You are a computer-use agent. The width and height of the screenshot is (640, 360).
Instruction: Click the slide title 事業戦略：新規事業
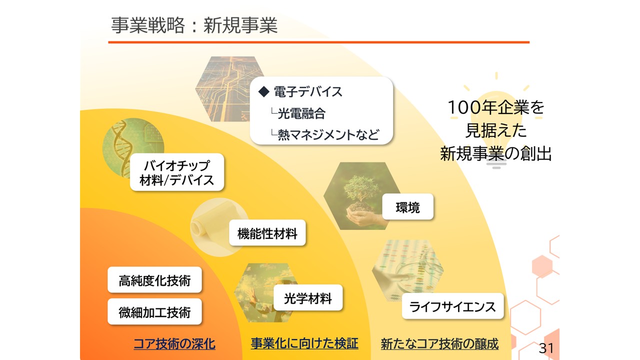coord(194,25)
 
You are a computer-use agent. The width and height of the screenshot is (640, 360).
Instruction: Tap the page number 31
coord(546,348)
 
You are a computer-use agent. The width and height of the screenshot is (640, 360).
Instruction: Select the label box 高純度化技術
coord(154,279)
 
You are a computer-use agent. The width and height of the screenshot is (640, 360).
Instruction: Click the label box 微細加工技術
coord(154,311)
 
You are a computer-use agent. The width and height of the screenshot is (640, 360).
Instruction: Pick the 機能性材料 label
coord(267,232)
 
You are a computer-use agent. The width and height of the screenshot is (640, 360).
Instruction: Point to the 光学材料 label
coord(308,297)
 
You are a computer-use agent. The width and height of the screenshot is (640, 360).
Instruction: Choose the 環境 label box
coord(407,206)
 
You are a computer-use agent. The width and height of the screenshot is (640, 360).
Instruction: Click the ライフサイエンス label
coord(452,306)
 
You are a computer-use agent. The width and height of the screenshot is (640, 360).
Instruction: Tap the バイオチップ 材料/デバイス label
coord(177,172)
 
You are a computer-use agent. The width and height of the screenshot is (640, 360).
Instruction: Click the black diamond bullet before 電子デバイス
coord(263,91)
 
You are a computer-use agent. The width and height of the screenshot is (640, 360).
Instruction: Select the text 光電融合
coord(301,113)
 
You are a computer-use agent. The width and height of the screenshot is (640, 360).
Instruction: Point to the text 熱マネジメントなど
coord(328,134)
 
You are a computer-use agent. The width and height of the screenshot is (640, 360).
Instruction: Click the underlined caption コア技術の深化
coord(174,343)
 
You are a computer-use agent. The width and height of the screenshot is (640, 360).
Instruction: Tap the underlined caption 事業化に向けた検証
coord(304,343)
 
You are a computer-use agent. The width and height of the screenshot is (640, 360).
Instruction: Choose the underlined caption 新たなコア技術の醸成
coord(439,343)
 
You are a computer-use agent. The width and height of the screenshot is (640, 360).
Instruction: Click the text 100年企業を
coord(496,107)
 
